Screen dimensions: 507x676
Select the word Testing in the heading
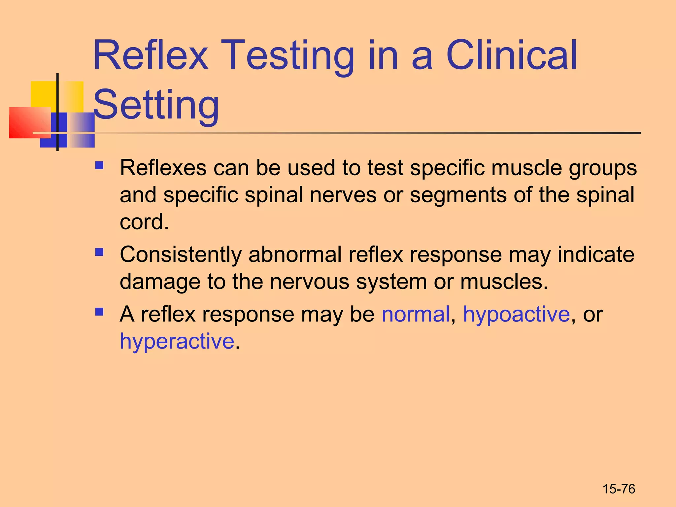coord(289,56)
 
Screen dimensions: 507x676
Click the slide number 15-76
coord(619,489)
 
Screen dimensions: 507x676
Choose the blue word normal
coord(416,314)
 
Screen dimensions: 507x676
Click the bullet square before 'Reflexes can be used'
coord(99,165)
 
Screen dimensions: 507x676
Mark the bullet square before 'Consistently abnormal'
coord(99,253)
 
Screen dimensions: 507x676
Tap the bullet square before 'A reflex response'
coord(99,312)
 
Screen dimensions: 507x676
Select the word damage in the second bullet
coord(160,282)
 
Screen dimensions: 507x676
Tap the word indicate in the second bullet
coord(596,254)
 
